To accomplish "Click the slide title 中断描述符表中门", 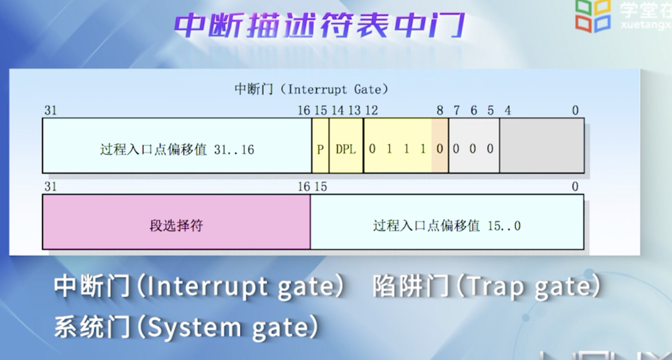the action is (319, 25).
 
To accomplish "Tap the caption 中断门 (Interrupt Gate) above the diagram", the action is (311, 90).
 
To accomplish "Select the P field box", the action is (320, 145).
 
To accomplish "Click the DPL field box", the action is (346, 145).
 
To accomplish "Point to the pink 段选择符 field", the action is (176, 222).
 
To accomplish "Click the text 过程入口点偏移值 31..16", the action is (177, 149).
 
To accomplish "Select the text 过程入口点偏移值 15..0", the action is (447, 225).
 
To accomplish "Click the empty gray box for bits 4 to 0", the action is (542, 145).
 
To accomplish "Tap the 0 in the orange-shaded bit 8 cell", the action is (440, 149).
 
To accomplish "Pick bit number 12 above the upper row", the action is (371, 110).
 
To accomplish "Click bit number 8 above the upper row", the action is (440, 110).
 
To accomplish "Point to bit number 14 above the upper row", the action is (338, 110).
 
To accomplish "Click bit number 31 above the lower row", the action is (50, 186).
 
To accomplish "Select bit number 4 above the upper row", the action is (508, 110).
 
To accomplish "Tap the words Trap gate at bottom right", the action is (529, 286).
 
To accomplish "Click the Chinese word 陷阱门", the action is (411, 286).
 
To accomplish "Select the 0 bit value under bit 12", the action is (372, 149).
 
